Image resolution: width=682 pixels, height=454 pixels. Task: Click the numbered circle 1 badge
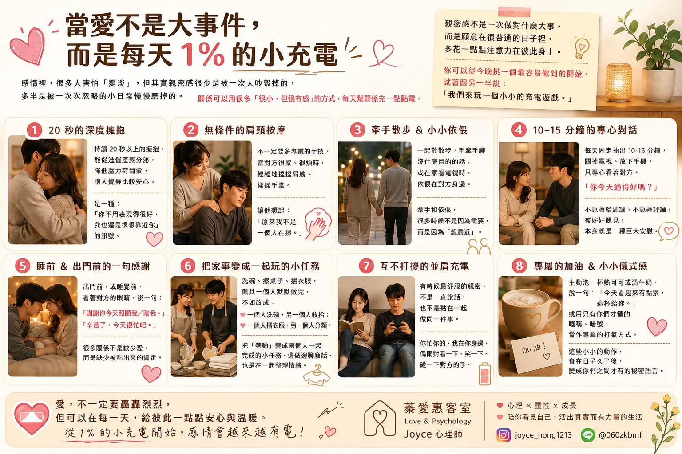(x=34, y=130)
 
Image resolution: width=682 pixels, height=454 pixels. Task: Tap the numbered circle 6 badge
(x=188, y=266)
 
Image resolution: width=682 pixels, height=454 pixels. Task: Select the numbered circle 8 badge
(x=519, y=266)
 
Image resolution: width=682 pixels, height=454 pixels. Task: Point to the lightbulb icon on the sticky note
(x=582, y=47)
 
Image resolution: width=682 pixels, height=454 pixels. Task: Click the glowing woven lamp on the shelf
(x=619, y=82)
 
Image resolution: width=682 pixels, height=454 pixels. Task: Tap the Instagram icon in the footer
(x=504, y=435)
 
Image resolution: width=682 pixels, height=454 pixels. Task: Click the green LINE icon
(x=588, y=435)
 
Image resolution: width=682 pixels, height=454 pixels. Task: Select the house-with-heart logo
(x=380, y=419)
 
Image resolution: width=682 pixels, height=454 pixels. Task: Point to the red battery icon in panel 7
(x=485, y=374)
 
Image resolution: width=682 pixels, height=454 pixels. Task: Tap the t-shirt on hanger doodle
(x=317, y=375)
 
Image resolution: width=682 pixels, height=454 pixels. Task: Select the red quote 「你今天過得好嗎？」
(x=621, y=187)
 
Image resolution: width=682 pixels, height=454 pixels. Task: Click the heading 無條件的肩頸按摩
(x=245, y=130)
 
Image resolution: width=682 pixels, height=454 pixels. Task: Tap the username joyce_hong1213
(x=543, y=435)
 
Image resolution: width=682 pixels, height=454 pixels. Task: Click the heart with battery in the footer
(x=32, y=419)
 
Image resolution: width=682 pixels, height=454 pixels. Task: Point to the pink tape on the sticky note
(x=514, y=12)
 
